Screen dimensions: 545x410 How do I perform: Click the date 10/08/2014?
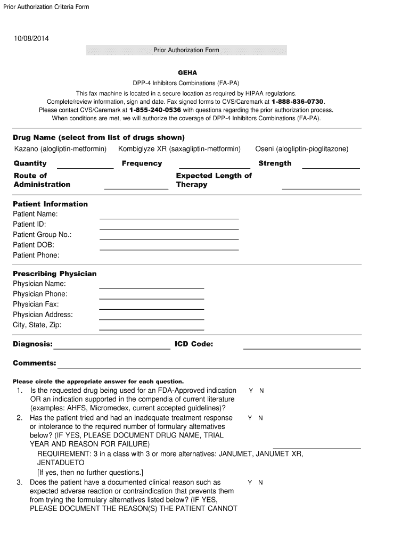point(31,38)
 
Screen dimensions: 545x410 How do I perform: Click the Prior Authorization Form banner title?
point(186,50)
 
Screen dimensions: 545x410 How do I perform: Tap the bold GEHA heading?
point(187,72)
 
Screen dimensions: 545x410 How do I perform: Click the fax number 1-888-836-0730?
point(297,101)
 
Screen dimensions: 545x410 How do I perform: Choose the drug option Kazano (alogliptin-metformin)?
point(60,148)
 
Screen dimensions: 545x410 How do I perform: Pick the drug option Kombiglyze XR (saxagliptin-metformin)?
point(179,148)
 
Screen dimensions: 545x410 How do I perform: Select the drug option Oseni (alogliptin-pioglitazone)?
point(301,148)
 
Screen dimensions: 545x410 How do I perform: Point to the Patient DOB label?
point(34,245)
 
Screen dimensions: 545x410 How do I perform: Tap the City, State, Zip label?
point(37,325)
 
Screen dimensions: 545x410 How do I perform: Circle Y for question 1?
point(251,391)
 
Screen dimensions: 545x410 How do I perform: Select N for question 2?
point(260,418)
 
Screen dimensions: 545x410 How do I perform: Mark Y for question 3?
point(250,482)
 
